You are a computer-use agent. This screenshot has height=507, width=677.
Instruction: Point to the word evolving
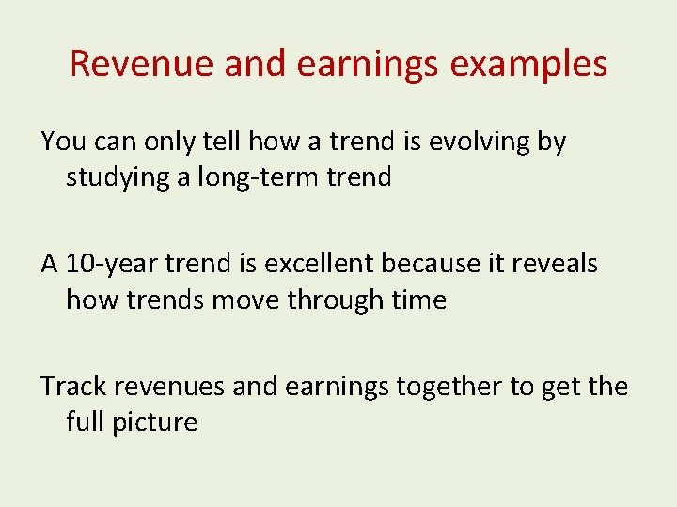[x=480, y=142]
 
